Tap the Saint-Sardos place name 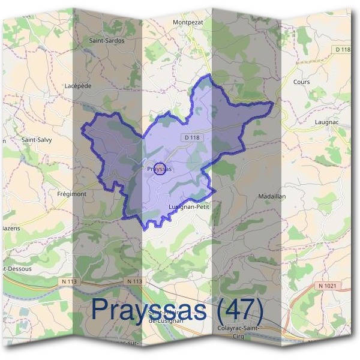pos(107,41)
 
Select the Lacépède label pos(77,86)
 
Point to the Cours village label pos(301,82)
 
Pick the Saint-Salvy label pos(37,140)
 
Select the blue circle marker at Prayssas pos(160,170)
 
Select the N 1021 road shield pos(326,286)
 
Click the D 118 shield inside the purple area pos(191,137)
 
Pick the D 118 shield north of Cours pos(343,49)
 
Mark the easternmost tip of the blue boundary pos(273,103)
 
